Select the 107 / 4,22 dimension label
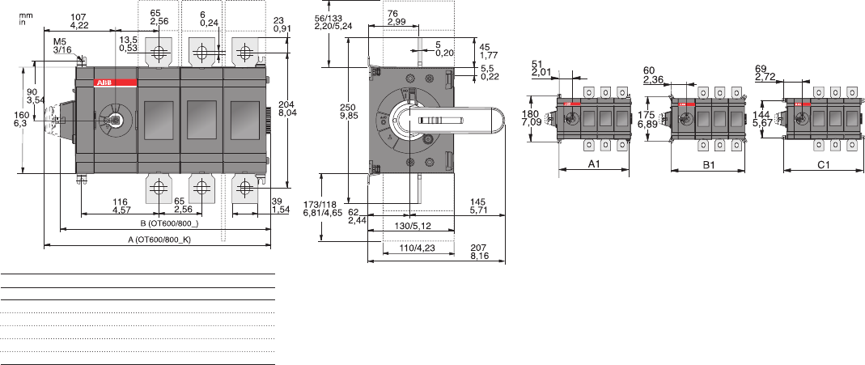(x=78, y=21)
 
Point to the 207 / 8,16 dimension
(x=479, y=253)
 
